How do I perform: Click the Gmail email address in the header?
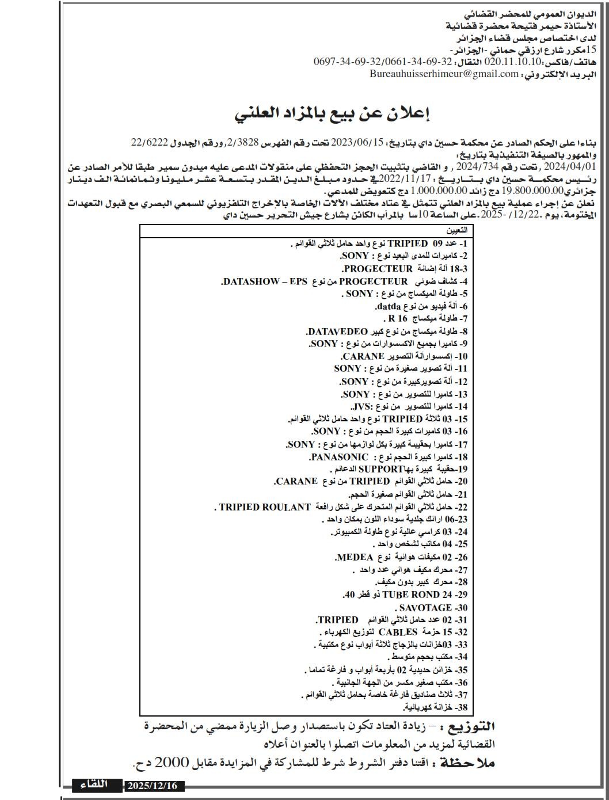444,74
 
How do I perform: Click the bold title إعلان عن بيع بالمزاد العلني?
333,113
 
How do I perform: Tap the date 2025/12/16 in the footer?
153,786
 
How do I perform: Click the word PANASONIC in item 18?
338,457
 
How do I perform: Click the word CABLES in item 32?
398,633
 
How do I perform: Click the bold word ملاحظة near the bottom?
467,763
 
